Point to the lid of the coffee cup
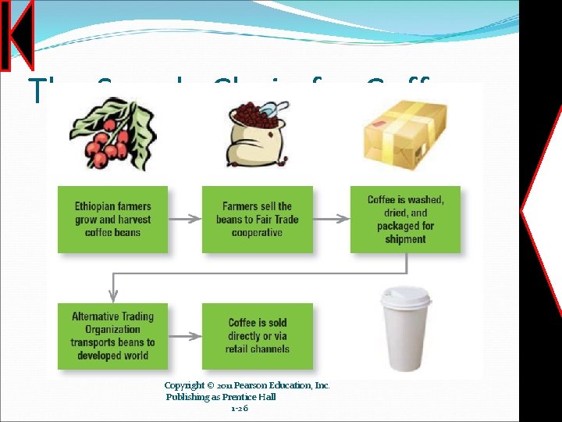coord(404,296)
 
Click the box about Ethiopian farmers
coord(112,220)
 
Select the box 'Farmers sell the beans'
coord(257,220)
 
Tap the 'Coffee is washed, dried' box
coord(405,220)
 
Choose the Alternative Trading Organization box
coord(112,336)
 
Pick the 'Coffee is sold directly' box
coord(257,336)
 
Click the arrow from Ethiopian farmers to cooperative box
coord(184,220)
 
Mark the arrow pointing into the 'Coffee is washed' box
coord(332,220)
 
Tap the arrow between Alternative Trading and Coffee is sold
coord(184,337)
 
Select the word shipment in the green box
coord(405,239)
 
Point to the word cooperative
coord(257,233)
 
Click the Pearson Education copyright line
coord(247,385)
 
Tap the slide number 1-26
coord(240,408)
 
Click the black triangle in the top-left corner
coord(22,34)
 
